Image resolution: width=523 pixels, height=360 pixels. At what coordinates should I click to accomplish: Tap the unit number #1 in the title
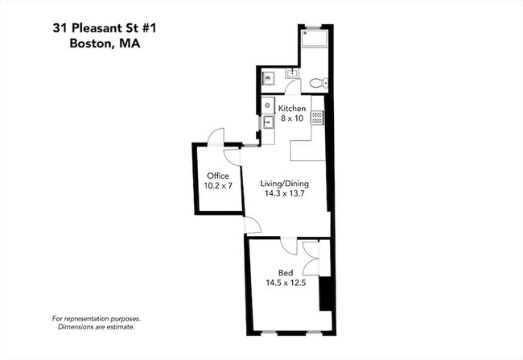pos(148,28)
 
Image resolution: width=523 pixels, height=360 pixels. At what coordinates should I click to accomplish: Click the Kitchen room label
pos(292,109)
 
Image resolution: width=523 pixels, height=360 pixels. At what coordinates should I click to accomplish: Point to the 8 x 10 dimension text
pos(292,118)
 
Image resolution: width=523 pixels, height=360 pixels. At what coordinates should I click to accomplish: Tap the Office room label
pos(218,176)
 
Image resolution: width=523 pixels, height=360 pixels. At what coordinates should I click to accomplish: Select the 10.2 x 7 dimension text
pos(218,186)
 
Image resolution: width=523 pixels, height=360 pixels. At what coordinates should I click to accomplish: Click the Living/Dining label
pos(285,184)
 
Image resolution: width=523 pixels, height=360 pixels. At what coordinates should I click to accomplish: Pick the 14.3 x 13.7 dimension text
pos(285,193)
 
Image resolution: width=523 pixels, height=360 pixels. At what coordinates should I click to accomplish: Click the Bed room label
pos(286,272)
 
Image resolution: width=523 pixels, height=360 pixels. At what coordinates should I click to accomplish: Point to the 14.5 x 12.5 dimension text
pos(286,283)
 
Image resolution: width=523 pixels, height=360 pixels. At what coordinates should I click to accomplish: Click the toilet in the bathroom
pos(319,83)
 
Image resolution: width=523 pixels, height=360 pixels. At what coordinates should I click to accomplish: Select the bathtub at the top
pos(314,39)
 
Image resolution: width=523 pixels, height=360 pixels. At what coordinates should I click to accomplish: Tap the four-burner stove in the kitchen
pos(317,118)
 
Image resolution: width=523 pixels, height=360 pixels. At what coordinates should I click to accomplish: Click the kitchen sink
pos(267,122)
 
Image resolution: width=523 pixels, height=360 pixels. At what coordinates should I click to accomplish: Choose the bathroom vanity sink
pos(292,72)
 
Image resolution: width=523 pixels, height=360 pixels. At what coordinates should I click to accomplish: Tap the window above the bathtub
pos(313,27)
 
